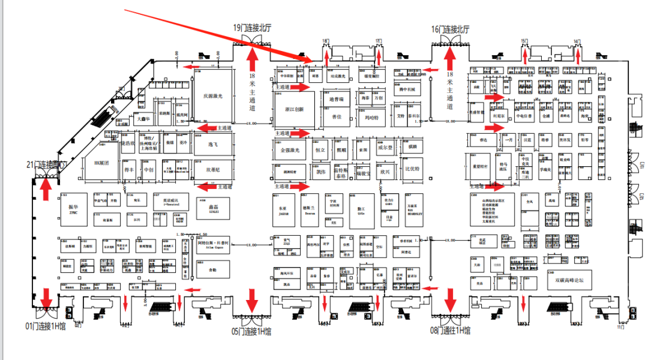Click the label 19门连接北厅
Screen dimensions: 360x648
point(254,28)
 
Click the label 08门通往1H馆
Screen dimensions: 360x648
point(450,331)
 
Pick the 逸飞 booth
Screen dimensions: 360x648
point(213,145)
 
